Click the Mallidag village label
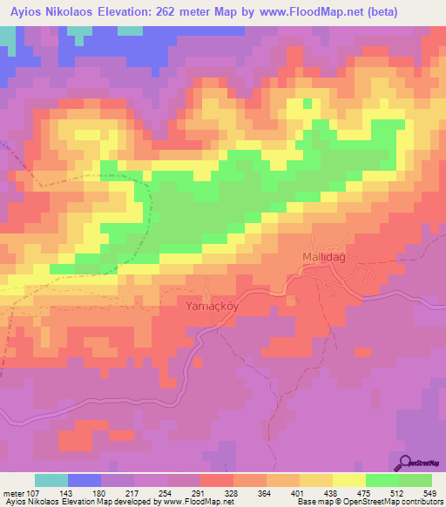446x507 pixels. coord(325,256)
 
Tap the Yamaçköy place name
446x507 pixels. coord(211,306)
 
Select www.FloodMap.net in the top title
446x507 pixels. coord(301,13)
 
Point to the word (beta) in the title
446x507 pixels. coord(380,13)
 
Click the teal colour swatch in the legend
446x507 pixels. coord(51,480)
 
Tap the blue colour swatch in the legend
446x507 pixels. coord(83,480)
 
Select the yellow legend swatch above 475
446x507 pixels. coord(348,480)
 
